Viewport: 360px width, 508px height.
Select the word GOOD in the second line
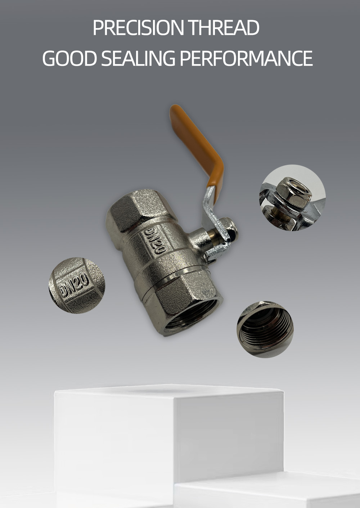tap(69, 59)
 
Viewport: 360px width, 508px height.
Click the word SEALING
tap(138, 59)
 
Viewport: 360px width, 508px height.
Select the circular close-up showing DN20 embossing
tap(77, 285)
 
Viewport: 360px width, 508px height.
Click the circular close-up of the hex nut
tap(292, 198)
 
